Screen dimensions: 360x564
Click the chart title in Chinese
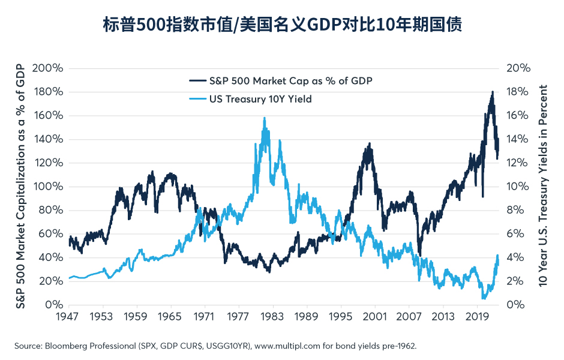click(x=282, y=25)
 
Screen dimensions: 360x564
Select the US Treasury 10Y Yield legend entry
click(x=260, y=99)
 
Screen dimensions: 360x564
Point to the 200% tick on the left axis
click(x=47, y=68)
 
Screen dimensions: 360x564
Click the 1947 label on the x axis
click(x=69, y=316)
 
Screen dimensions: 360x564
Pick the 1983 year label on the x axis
click(x=273, y=316)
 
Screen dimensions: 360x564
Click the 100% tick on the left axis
click(x=47, y=187)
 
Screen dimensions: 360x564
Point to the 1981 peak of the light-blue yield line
click(x=264, y=119)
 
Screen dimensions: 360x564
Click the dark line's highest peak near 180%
click(x=492, y=92)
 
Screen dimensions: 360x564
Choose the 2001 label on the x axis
click(x=376, y=316)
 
